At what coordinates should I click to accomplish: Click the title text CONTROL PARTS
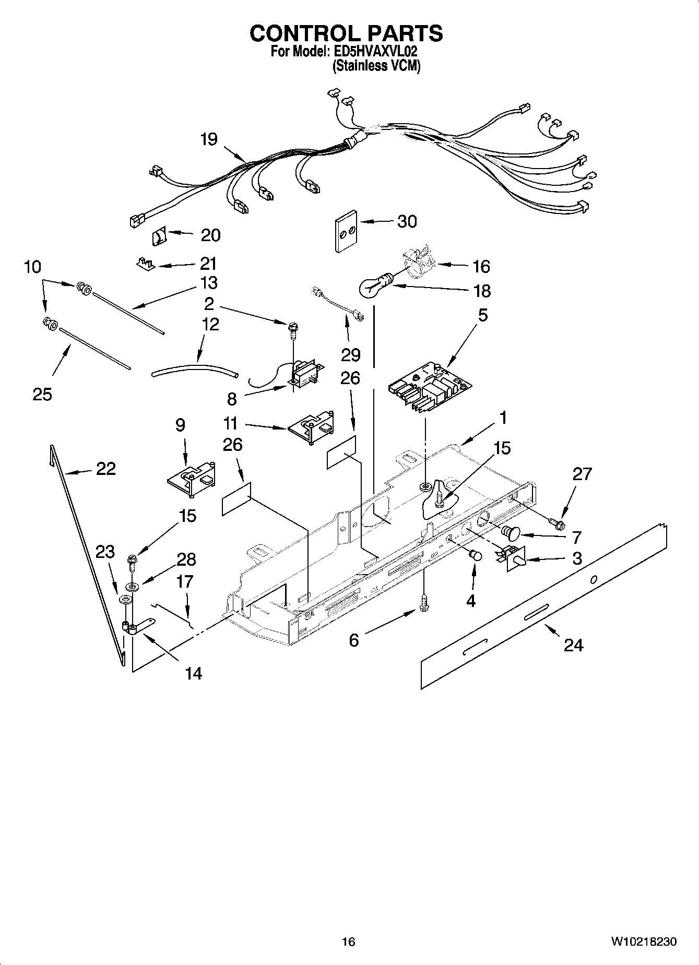(x=346, y=33)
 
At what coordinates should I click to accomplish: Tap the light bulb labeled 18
(x=373, y=287)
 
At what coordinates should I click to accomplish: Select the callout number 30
(x=407, y=221)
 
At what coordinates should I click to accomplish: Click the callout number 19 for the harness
(x=209, y=139)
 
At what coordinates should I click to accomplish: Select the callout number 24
(x=573, y=646)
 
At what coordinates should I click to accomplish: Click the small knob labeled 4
(x=476, y=555)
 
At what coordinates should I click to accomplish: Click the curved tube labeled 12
(x=194, y=370)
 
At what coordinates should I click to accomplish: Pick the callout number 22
(x=106, y=469)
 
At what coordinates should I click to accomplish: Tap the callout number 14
(x=193, y=674)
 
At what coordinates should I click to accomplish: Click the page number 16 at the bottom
(x=348, y=942)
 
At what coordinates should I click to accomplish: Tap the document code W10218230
(x=644, y=942)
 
